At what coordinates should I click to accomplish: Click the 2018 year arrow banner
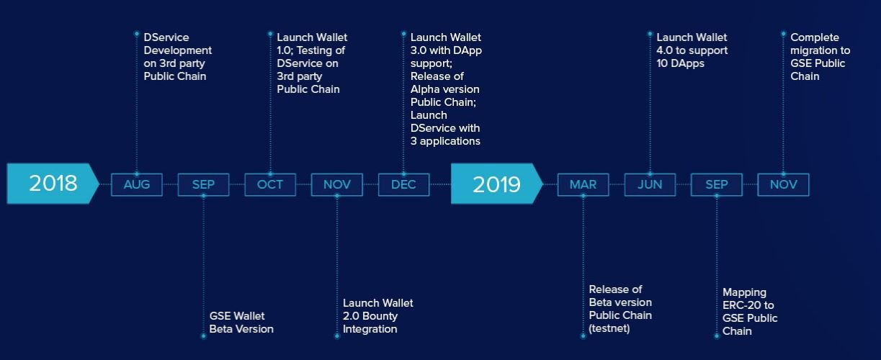pyautogui.click(x=53, y=184)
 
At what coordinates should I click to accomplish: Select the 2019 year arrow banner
pyautogui.click(x=496, y=184)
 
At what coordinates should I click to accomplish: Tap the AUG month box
pyautogui.click(x=137, y=184)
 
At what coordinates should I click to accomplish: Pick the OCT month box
pyautogui.click(x=270, y=184)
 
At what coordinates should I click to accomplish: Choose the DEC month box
pyautogui.click(x=403, y=184)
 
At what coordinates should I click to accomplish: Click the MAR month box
pyautogui.click(x=583, y=184)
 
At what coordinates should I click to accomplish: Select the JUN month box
pyautogui.click(x=650, y=184)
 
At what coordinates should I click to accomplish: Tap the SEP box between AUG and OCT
pyautogui.click(x=203, y=184)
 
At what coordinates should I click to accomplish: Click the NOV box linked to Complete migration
pyautogui.click(x=784, y=184)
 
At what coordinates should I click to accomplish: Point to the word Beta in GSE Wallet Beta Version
pyautogui.click(x=220, y=329)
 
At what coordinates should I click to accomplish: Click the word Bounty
pyautogui.click(x=378, y=316)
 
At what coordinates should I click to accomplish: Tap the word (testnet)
pyautogui.click(x=609, y=328)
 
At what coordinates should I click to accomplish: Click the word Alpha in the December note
pyautogui.click(x=424, y=89)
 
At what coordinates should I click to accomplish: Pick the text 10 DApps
pyautogui.click(x=681, y=63)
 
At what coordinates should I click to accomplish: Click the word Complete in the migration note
pyautogui.click(x=815, y=37)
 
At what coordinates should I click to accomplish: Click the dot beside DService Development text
pyautogui.click(x=136, y=34)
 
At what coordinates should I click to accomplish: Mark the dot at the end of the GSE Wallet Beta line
pyautogui.click(x=203, y=336)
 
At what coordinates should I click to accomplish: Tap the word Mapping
pyautogui.click(x=744, y=293)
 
